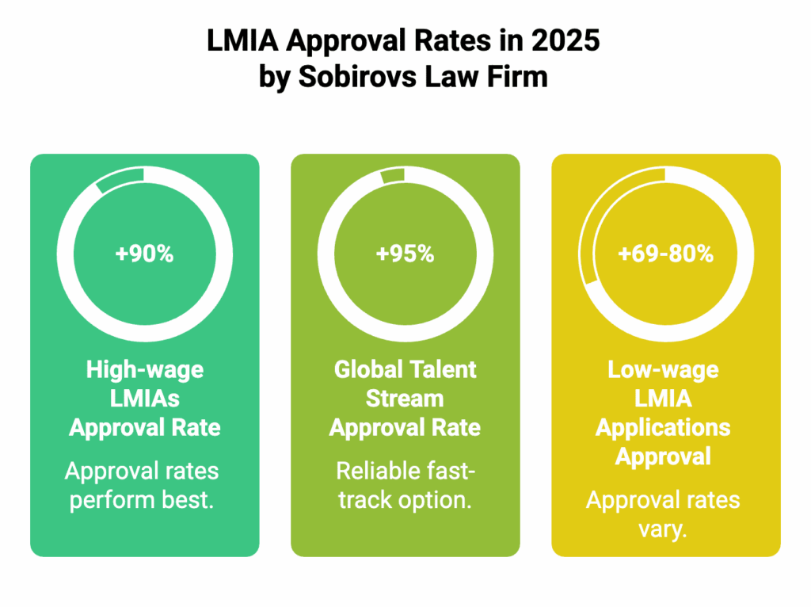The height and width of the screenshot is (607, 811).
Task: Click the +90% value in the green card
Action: point(144,254)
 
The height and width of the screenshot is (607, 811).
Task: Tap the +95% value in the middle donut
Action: point(405,254)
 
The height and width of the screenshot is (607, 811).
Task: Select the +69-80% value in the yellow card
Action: point(665,254)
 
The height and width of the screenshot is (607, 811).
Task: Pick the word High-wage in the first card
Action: point(144,370)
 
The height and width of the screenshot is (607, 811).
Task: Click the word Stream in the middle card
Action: point(405,399)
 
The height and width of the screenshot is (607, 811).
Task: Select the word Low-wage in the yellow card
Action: point(665,370)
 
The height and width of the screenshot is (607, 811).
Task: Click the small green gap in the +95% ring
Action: point(393,175)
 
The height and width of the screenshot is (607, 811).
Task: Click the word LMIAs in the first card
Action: point(144,399)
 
